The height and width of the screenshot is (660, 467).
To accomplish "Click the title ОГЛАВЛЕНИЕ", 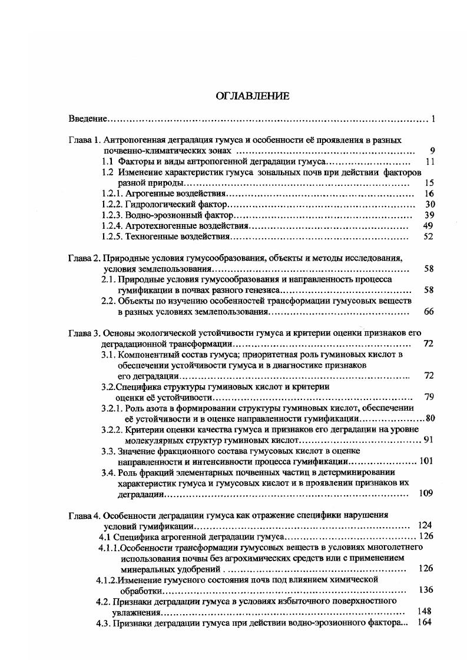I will [244, 96].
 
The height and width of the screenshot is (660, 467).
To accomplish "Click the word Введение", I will [87, 119].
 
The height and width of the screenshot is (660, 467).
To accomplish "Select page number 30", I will [429, 204].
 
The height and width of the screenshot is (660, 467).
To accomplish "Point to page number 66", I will [428, 311].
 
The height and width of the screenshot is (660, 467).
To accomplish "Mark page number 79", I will [429, 397].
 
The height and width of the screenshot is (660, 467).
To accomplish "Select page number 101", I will [425, 461].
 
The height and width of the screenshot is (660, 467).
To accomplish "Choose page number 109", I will [425, 494].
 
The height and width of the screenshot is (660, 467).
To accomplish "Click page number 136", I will [425, 590].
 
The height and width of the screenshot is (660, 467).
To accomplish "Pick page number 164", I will [424, 622].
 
